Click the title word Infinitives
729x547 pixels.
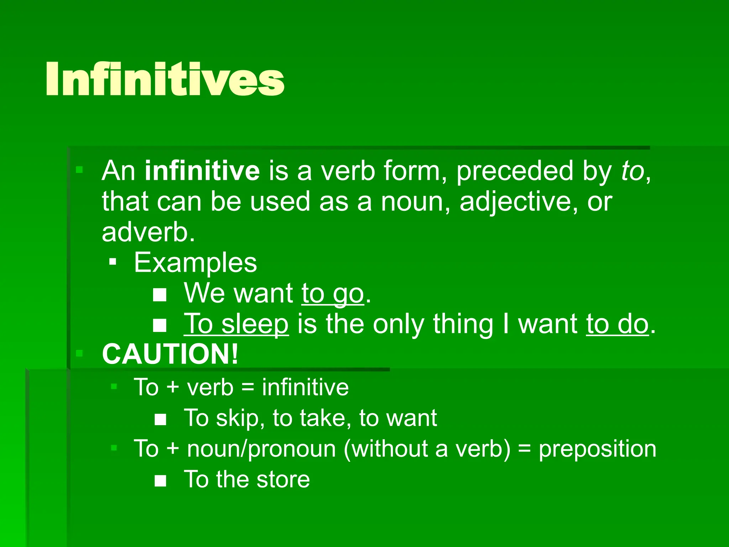[165, 79]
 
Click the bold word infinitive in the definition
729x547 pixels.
[202, 171]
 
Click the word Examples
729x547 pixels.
[195, 263]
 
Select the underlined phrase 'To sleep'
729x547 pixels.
[236, 324]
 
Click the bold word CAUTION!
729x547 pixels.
[170, 354]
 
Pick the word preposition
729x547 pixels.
[597, 449]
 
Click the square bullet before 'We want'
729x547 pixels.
[160, 295]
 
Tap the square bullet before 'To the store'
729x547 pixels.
[161, 481]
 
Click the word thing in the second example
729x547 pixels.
[463, 324]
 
